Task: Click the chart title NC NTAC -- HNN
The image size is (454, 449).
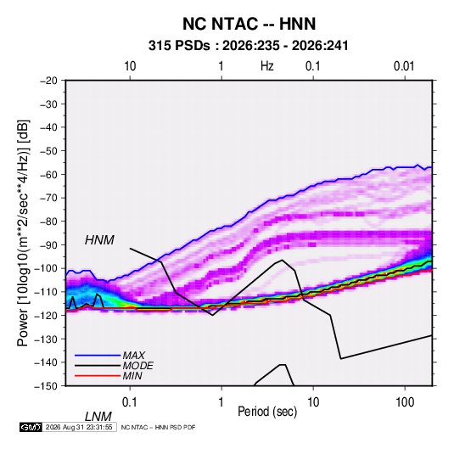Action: click(249, 24)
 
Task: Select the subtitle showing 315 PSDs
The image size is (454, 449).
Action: click(248, 46)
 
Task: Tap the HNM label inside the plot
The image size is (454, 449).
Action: click(99, 240)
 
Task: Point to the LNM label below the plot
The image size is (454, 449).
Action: click(98, 417)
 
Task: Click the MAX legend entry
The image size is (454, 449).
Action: click(133, 355)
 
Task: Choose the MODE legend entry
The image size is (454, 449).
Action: click(137, 366)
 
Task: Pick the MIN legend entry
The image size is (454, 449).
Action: click(132, 376)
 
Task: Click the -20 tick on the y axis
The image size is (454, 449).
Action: click(48, 81)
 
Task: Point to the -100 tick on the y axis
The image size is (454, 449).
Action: click(46, 268)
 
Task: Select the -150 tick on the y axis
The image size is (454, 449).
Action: click(46, 386)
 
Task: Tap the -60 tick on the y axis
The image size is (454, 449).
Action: click(48, 174)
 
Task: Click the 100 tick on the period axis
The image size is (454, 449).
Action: click(405, 402)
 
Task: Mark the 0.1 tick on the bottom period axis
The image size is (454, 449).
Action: click(130, 402)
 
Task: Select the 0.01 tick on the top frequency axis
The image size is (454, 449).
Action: click(404, 66)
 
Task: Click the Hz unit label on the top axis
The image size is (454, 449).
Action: click(267, 66)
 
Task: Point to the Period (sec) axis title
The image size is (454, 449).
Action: click(267, 412)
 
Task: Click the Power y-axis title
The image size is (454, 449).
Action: click(24, 233)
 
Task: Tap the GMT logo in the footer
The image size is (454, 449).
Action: click(31, 427)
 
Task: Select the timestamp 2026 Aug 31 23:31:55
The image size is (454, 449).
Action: click(79, 427)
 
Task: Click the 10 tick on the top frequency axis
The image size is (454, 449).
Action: click(130, 66)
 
